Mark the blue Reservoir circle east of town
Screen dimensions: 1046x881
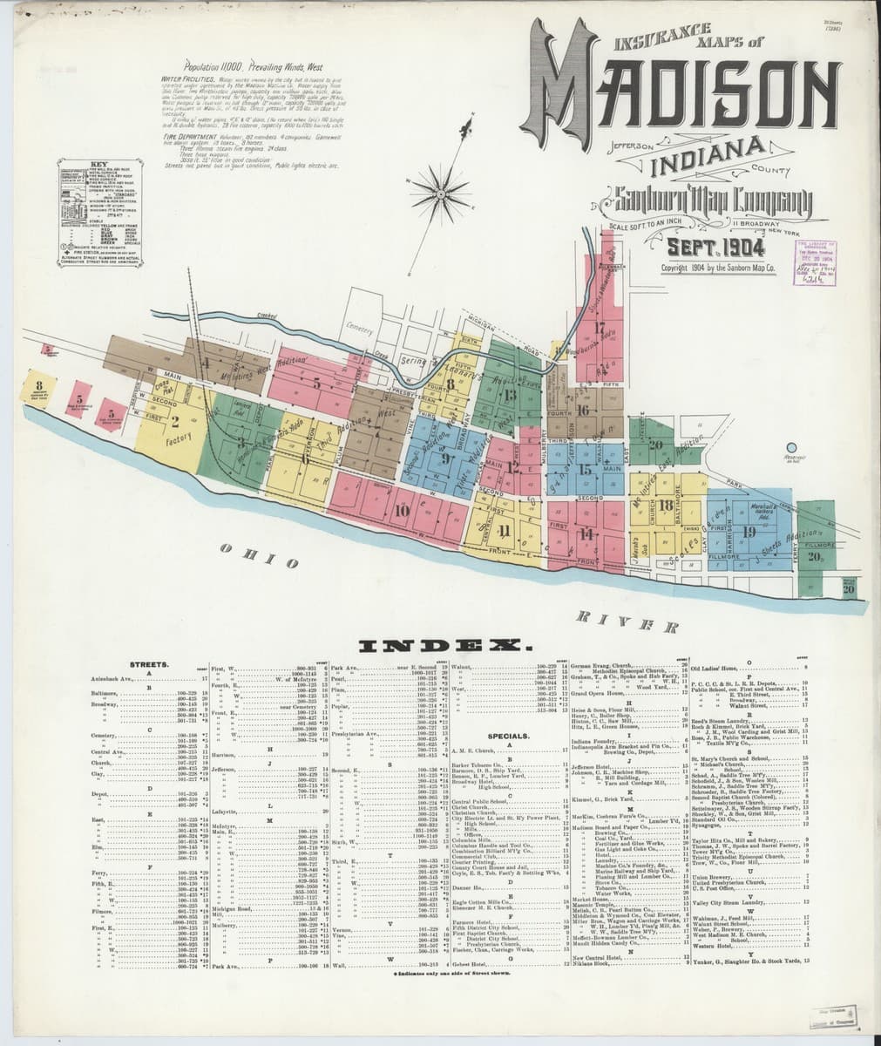click(x=792, y=447)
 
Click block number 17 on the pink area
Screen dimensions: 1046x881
click(x=600, y=327)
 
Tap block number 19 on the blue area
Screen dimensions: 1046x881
click(x=749, y=532)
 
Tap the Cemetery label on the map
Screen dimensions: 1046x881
click(x=359, y=329)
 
